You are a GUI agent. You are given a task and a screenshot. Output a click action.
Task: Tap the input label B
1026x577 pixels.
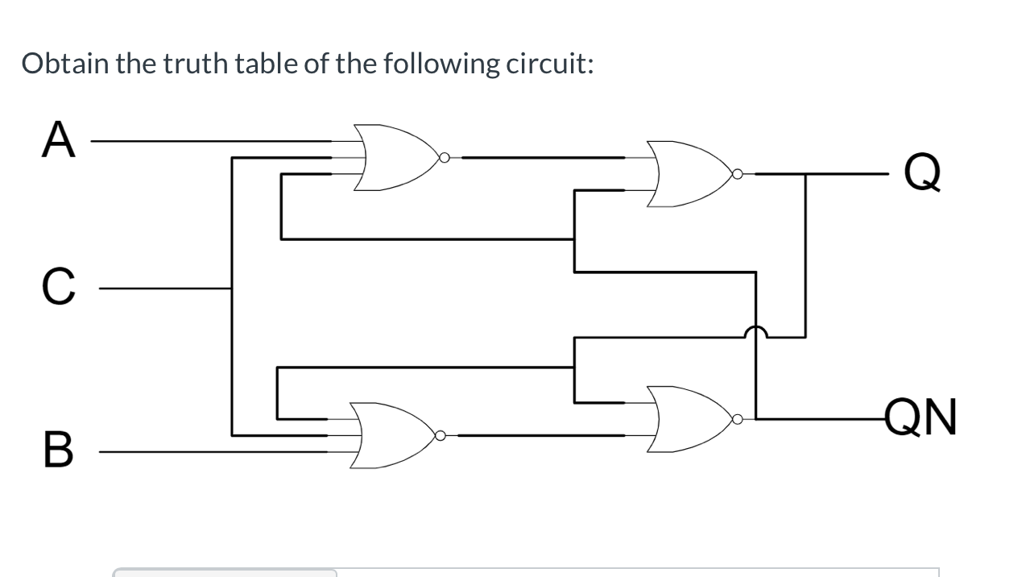click(x=57, y=450)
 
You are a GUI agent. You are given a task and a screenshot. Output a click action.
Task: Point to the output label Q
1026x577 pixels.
click(x=921, y=172)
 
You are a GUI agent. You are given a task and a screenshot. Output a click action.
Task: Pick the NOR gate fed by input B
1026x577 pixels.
click(x=390, y=435)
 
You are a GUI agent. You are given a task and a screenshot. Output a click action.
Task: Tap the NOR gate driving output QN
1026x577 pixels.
click(x=688, y=418)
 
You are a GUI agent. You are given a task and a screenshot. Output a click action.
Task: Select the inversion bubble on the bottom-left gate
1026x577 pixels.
click(x=440, y=436)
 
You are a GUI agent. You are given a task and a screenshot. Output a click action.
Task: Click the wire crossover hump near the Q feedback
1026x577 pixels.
click(x=755, y=332)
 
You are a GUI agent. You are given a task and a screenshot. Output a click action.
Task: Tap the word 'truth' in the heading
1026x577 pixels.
click(x=197, y=63)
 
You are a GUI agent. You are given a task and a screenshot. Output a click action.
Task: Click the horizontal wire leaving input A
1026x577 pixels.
click(x=209, y=140)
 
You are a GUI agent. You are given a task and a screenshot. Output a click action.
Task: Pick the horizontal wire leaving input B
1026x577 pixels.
click(x=209, y=451)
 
